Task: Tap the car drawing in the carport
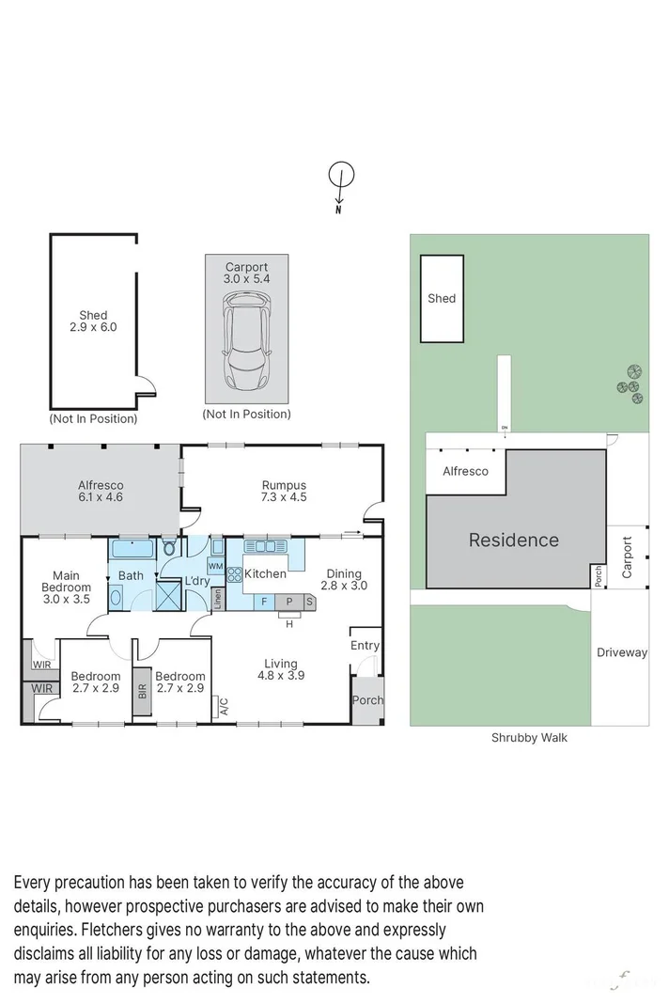[246, 344]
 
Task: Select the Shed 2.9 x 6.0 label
[93, 321]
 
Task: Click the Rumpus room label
[284, 492]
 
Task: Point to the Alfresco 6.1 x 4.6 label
[101, 492]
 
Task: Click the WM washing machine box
[215, 566]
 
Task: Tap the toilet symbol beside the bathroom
[169, 548]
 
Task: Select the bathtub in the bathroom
[132, 549]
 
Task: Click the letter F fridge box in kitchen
[263, 602]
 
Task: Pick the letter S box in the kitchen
[309, 602]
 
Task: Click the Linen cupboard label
[217, 599]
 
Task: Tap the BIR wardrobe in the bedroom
[142, 691]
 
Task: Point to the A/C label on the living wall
[224, 706]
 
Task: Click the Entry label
[365, 646]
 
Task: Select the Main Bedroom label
[67, 588]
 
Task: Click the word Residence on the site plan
[514, 540]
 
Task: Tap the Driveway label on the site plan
[622, 652]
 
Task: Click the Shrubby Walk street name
[529, 738]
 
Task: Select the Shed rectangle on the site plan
[442, 299]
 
